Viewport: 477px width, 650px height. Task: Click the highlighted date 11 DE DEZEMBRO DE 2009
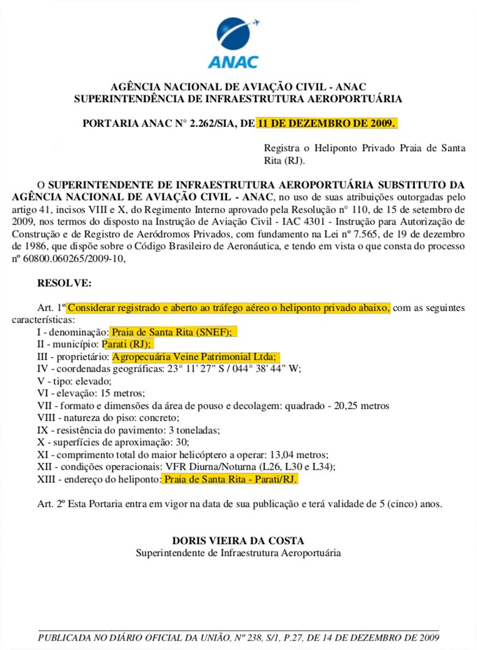pyautogui.click(x=327, y=123)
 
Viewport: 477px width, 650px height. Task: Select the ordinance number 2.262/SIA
pyautogui.click(x=209, y=123)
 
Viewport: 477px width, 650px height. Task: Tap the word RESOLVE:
pyautogui.click(x=64, y=283)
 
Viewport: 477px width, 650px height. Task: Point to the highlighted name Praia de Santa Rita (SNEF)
pyautogui.click(x=173, y=331)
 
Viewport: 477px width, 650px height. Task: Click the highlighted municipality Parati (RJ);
pyautogui.click(x=128, y=344)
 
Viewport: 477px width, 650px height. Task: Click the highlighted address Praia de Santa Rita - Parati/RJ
pyautogui.click(x=229, y=480)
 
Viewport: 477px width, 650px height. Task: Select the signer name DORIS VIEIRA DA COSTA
pyautogui.click(x=238, y=541)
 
